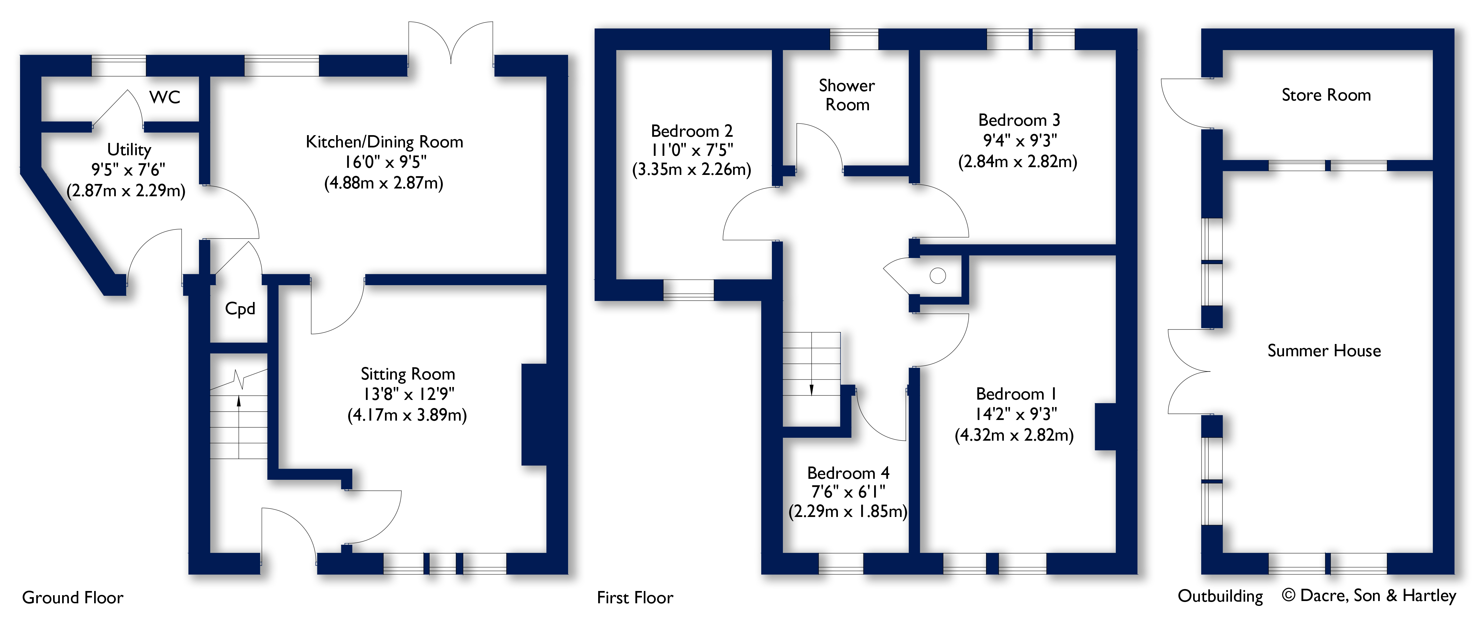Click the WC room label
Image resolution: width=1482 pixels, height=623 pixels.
tap(165, 97)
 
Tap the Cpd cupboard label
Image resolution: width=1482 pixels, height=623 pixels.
tap(240, 309)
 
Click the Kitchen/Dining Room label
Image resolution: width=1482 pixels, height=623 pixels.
tap(384, 141)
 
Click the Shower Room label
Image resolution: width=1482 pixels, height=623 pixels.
tap(847, 95)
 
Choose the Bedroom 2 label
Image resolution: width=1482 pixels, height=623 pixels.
tap(692, 131)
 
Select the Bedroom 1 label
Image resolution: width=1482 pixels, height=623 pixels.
tap(1016, 394)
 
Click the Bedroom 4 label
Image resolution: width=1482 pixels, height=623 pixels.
tap(848, 473)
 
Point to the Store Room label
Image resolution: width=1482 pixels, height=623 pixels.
tap(1326, 95)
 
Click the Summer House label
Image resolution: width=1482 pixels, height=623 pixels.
tap(1324, 350)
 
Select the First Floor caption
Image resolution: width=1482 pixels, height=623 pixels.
tap(635, 598)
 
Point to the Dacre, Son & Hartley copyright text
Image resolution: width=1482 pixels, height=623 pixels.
tap(1369, 596)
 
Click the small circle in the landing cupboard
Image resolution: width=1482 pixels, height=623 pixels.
tap(938, 276)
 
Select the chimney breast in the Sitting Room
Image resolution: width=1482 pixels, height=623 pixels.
tap(533, 414)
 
